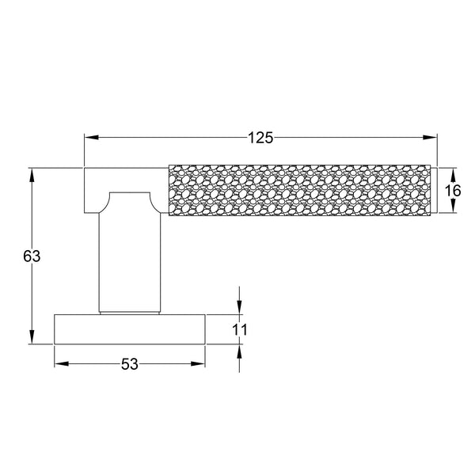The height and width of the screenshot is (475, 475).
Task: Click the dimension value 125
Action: pos(260,138)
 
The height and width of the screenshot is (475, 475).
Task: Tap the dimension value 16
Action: pos(452,191)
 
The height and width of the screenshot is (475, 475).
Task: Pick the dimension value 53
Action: pos(130,364)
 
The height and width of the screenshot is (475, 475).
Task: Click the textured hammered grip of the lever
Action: pos(301,190)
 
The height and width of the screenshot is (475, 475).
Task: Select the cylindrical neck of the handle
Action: pos(131,253)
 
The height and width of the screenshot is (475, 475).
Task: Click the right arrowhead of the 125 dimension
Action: pos(431,138)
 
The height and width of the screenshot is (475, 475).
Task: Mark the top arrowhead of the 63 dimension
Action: pos(32,174)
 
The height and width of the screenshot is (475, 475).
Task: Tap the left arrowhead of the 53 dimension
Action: pos(61,364)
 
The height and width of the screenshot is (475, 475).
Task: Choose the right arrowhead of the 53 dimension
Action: pos(199,364)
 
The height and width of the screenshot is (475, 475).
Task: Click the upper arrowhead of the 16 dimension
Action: pos(452,173)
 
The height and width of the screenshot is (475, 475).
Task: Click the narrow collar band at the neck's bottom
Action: pos(131,310)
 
